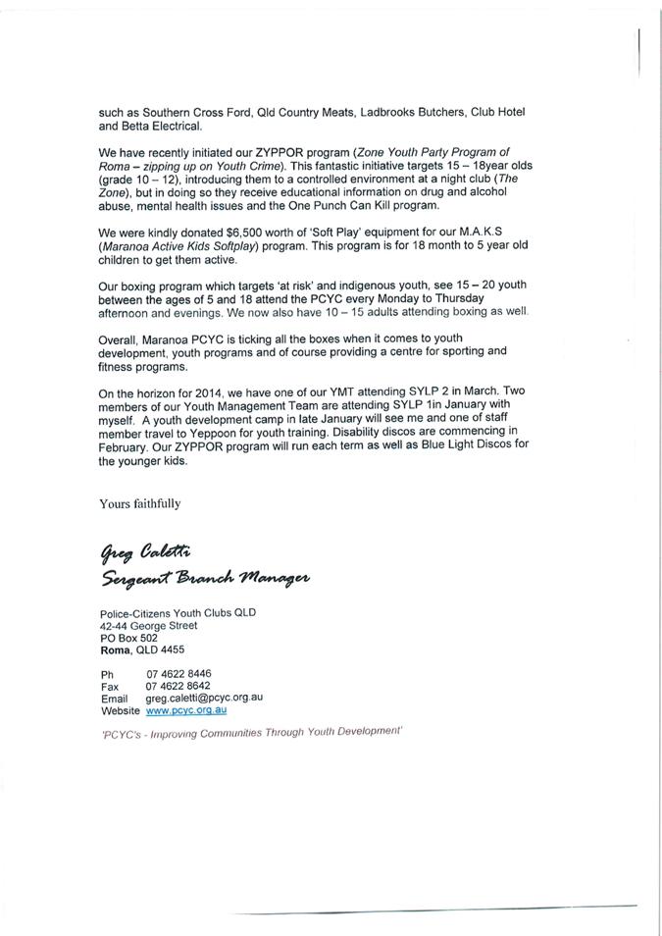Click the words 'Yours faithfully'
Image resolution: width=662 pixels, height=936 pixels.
click(139, 503)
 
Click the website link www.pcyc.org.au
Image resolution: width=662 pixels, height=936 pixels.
click(186, 709)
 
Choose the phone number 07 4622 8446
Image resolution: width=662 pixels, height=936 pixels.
click(178, 674)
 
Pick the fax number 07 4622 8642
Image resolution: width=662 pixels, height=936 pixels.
click(178, 686)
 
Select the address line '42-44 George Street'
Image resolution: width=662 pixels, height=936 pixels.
click(148, 625)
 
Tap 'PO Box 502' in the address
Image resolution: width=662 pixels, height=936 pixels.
click(128, 637)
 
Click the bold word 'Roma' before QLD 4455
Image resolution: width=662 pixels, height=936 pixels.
click(114, 650)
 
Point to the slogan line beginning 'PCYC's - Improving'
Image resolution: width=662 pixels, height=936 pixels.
click(252, 733)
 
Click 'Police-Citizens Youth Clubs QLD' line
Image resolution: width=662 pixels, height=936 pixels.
click(177, 613)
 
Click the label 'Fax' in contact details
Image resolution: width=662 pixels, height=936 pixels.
click(109, 686)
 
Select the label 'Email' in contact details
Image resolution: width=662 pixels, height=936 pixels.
click(114, 698)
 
